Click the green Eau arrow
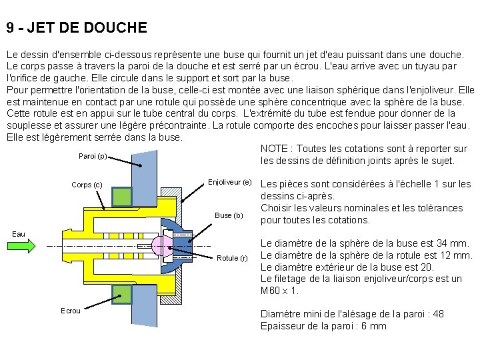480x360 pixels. coord(23,245)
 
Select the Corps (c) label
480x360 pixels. coord(87,185)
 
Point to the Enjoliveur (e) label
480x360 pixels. coord(229,182)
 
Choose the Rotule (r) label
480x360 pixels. coord(232,258)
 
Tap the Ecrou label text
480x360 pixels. coord(71,310)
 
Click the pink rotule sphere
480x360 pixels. coord(161,246)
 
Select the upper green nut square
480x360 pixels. coord(122,197)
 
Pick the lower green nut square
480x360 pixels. coord(122,294)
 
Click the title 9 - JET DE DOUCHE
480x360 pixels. coord(77,29)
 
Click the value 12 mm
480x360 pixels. coord(458,255)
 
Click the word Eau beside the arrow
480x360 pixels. coord(19,234)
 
